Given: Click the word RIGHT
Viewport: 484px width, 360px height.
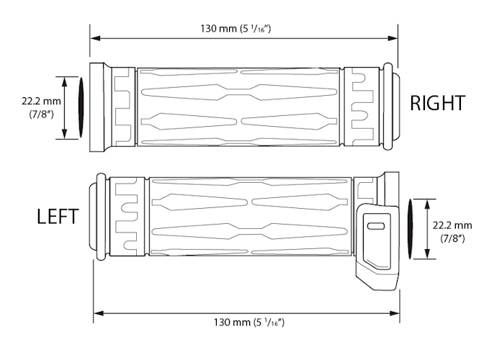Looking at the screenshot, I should point(437,103).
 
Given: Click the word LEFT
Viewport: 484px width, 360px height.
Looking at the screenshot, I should point(58,217).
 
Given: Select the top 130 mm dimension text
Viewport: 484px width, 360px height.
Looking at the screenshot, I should point(245,29).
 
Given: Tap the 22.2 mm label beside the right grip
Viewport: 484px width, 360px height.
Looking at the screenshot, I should point(42,101).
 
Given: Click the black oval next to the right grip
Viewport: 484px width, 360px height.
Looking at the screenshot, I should point(81,108).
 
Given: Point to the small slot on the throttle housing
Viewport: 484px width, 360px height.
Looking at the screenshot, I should point(376,226).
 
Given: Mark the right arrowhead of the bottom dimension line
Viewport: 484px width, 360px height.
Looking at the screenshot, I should point(400,312).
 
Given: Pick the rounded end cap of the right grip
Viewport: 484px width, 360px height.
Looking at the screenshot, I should point(393,107).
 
